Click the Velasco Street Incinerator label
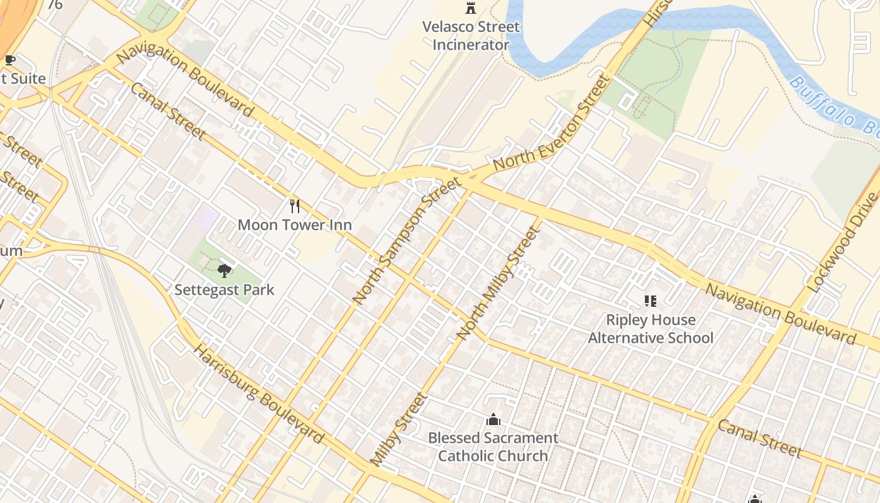point(471,36)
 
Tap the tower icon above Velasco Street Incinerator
point(470,8)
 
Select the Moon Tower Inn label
point(295,224)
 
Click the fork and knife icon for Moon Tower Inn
point(294,206)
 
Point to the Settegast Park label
point(224,290)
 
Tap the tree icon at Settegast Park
point(224,271)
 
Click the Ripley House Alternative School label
point(651,329)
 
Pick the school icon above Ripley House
point(651,302)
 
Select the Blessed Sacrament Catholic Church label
point(493,446)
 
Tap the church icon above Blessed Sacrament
point(493,419)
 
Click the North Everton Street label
point(552,124)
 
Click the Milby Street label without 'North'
point(399,429)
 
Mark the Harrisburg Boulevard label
point(258,394)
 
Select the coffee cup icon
point(10,60)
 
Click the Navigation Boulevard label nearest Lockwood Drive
point(780,313)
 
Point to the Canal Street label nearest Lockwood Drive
point(759,438)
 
